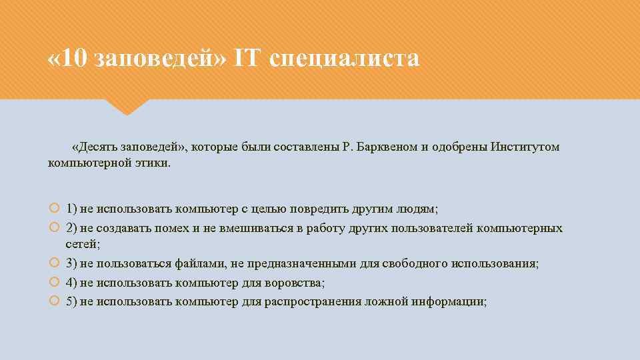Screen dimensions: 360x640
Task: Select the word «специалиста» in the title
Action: tap(345, 59)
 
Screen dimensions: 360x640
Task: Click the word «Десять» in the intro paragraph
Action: tap(98, 147)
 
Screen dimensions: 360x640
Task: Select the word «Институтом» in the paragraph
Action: tap(525, 147)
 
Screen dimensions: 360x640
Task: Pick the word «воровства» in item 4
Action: tap(295, 283)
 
